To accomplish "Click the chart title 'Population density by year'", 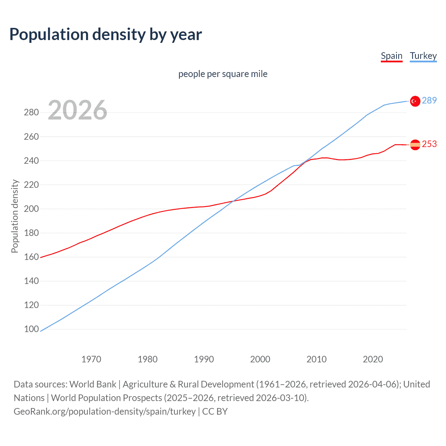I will pyautogui.click(x=106, y=34).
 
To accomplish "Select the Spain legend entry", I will pyautogui.click(x=392, y=56).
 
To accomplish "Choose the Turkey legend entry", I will pyautogui.click(x=423, y=56).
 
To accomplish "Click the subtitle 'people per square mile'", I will pyautogui.click(x=223, y=74).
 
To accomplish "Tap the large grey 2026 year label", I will pyautogui.click(x=77, y=110).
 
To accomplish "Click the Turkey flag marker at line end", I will pyautogui.click(x=415, y=101).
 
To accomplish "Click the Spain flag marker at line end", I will pyautogui.click(x=415, y=145).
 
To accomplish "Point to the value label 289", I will pyautogui.click(x=429, y=100).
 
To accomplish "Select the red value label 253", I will pyautogui.click(x=429, y=144).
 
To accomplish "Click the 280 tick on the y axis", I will pyautogui.click(x=31, y=112).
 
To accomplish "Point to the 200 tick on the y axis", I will pyautogui.click(x=31, y=209).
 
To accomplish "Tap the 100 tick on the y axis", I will pyautogui.click(x=31, y=329).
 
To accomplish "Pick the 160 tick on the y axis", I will pyautogui.click(x=31, y=257).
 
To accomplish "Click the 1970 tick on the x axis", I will pyautogui.click(x=91, y=359).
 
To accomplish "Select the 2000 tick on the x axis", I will pyautogui.click(x=260, y=359).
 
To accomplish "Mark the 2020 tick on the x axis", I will pyautogui.click(x=373, y=359).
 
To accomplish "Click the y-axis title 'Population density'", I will pyautogui.click(x=15, y=216).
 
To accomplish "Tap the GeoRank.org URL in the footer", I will pyautogui.click(x=105, y=411).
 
